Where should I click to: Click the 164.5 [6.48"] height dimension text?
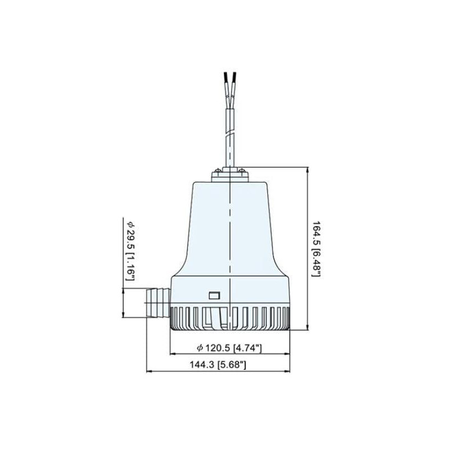316,249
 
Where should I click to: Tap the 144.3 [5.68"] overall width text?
218,365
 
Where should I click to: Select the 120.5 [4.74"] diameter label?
229,348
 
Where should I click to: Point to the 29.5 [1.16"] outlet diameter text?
131,251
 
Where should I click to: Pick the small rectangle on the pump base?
215,295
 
